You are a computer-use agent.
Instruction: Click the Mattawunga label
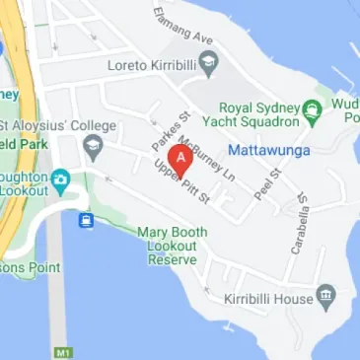point(268,150)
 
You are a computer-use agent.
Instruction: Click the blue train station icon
point(87,219)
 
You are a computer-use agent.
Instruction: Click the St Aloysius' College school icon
point(94,148)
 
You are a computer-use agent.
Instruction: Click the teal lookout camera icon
point(59,180)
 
